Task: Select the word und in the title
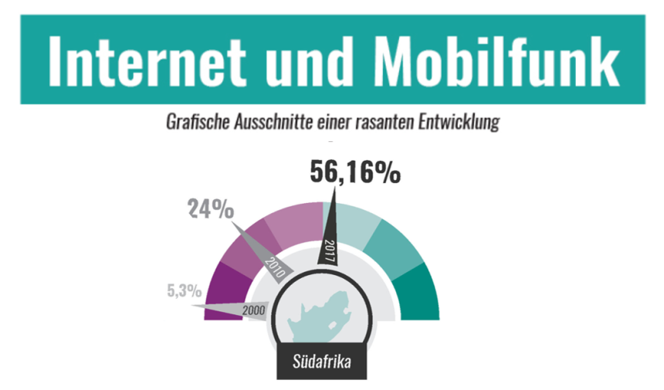click(x=312, y=60)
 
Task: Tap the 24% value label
click(x=212, y=209)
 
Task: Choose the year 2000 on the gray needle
click(x=253, y=310)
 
